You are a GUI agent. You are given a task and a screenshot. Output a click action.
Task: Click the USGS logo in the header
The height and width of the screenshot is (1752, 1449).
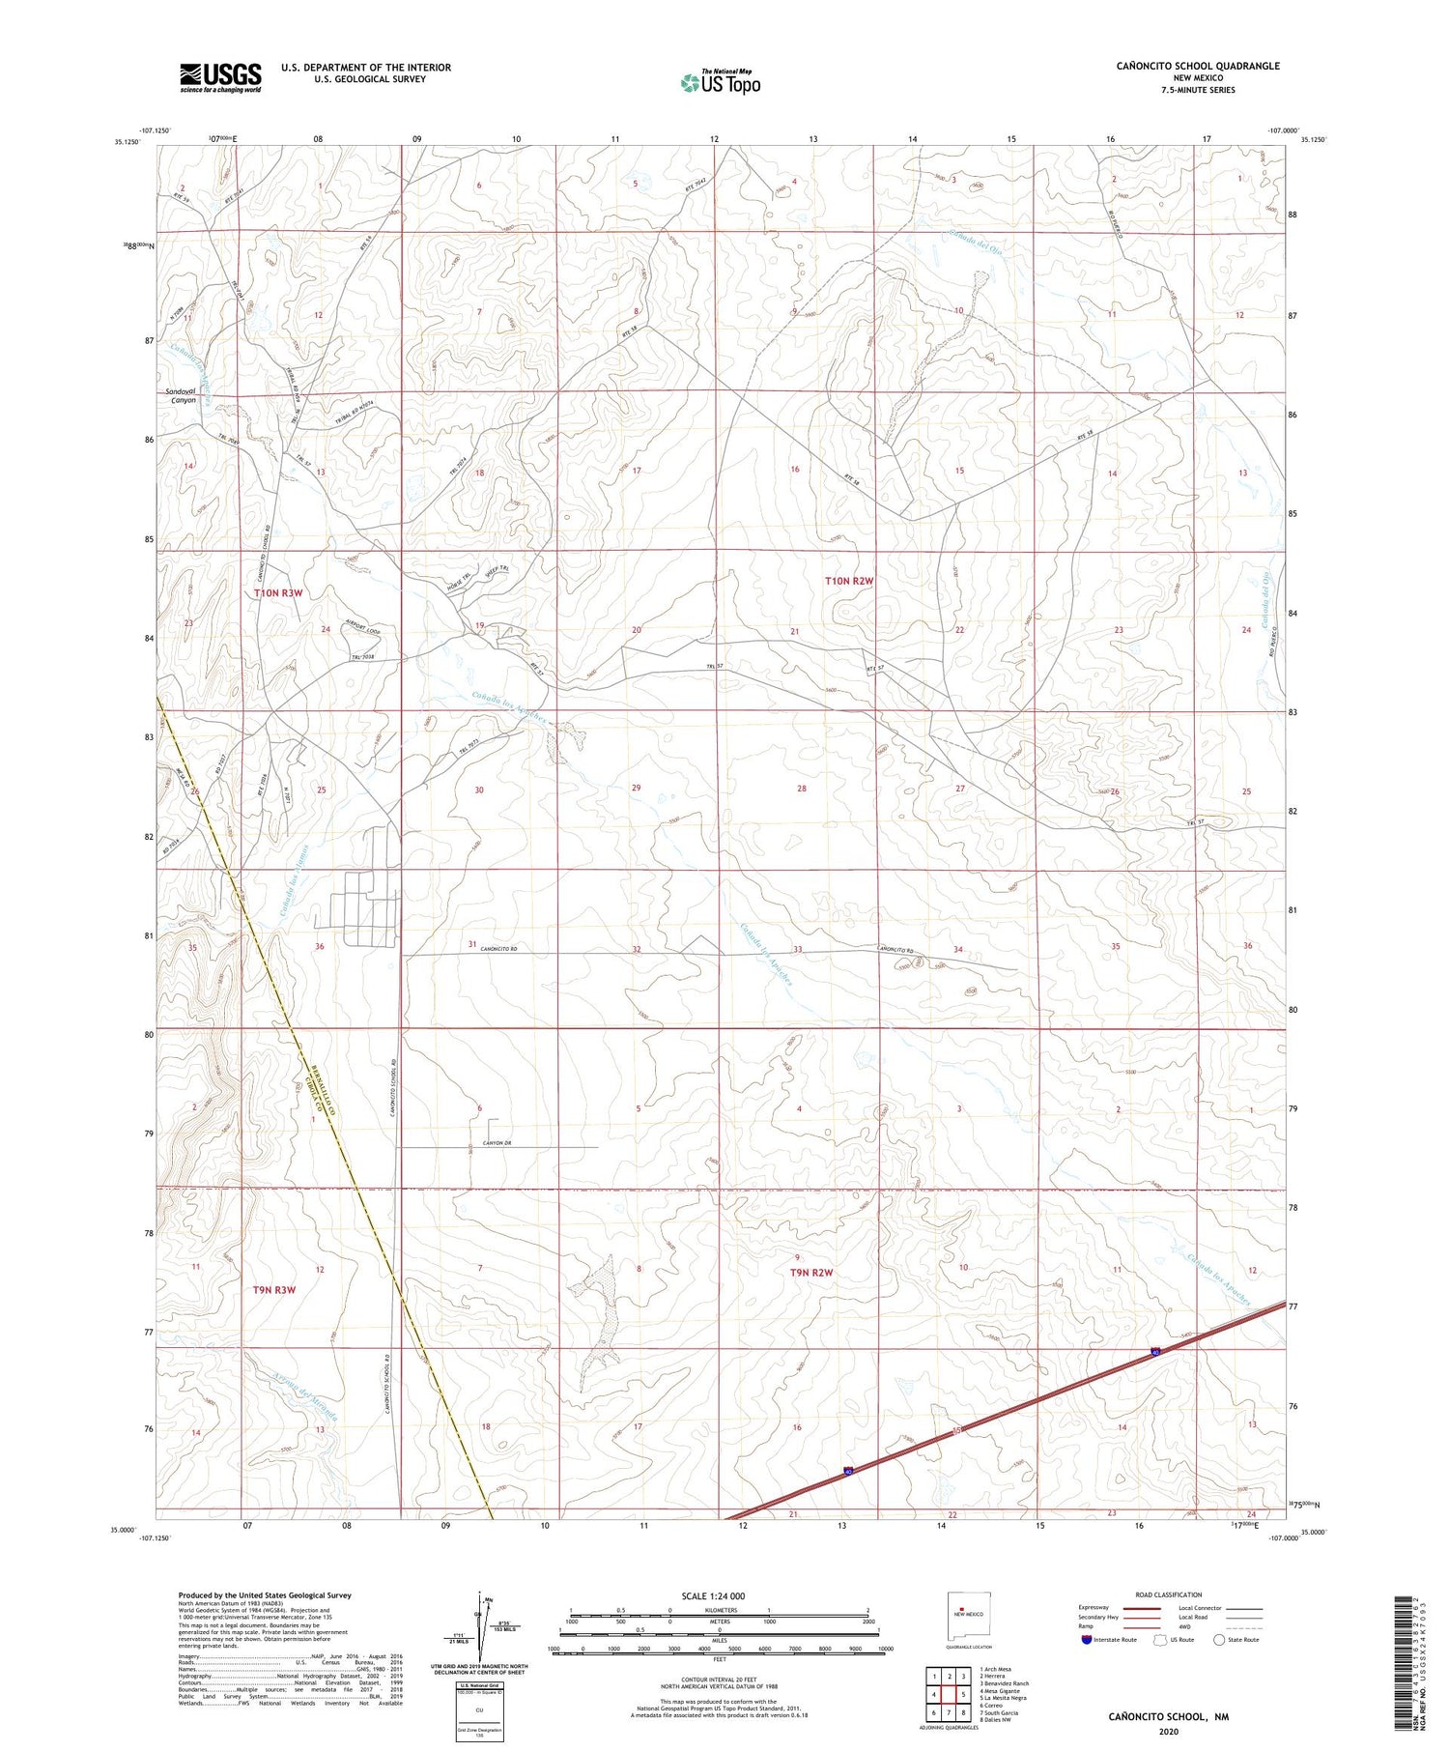pos(220,77)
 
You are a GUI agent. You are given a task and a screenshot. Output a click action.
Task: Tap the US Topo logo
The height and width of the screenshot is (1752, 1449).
pos(720,82)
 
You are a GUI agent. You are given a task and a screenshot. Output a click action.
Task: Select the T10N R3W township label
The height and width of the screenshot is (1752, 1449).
pos(279,592)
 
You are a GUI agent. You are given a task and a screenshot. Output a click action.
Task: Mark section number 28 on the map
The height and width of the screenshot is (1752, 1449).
pos(802,789)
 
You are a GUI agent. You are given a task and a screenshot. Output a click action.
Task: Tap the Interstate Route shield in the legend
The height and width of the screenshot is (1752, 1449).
pos(1087,1640)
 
